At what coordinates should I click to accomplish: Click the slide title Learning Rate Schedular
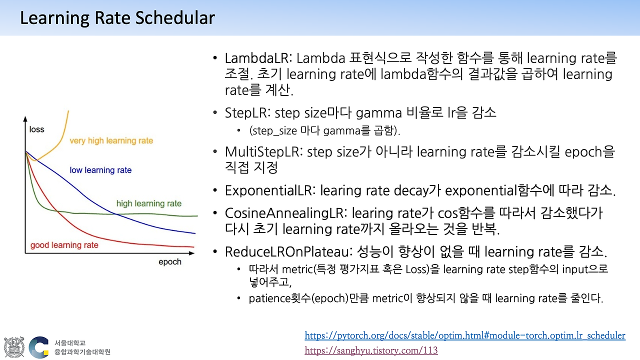[117, 18]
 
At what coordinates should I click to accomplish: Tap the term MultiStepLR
[263, 152]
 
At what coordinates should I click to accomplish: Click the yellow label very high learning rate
[111, 141]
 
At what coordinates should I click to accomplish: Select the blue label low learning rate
[100, 170]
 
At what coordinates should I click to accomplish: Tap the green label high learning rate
[148, 203]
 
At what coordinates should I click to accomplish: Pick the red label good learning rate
[64, 245]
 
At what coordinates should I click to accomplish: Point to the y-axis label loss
[36, 129]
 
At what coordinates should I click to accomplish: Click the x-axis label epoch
[170, 262]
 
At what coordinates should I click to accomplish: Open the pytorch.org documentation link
[464, 335]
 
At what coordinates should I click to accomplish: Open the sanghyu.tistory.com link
[371, 350]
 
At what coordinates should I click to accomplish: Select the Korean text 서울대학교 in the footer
[70, 343]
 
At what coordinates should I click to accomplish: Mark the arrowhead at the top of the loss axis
[25, 119]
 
